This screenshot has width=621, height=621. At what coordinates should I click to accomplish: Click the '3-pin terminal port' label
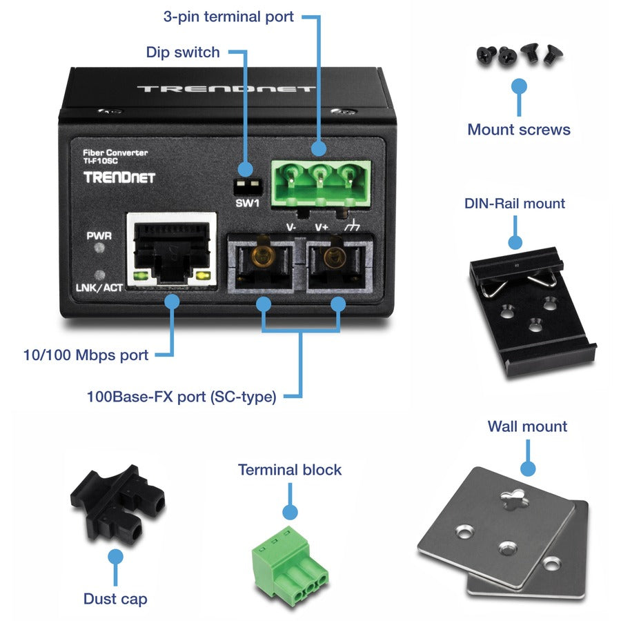228,16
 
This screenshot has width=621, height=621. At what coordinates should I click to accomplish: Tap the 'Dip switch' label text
182,52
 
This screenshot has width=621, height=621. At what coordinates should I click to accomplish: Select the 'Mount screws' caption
518,129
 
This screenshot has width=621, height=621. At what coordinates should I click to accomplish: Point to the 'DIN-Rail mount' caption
514,204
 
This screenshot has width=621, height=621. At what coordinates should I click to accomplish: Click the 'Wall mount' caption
527,426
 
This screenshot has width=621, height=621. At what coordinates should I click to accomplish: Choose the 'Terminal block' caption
290,470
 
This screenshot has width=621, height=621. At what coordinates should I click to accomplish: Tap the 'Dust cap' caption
115,598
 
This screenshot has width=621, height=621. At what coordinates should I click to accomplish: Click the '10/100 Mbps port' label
86,355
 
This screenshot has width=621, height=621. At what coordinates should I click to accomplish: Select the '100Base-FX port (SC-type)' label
181,397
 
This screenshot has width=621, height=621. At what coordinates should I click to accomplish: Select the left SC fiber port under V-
262,262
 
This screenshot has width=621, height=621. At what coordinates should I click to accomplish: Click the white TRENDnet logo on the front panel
119,177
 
